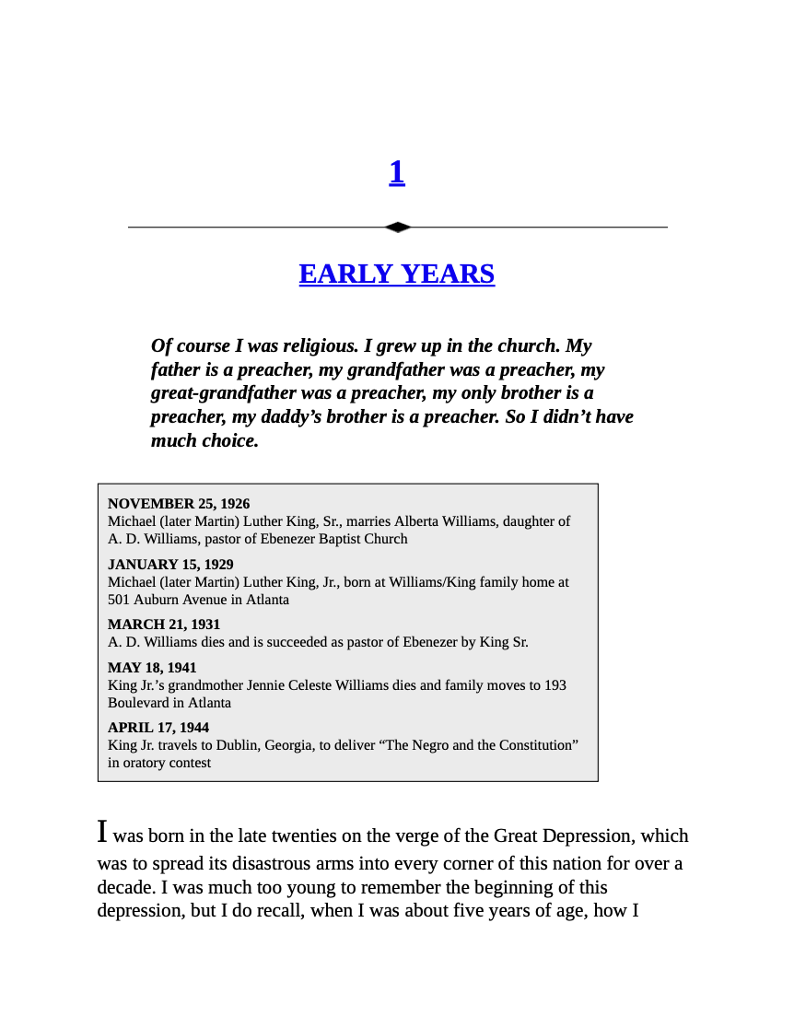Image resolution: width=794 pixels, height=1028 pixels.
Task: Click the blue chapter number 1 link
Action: (x=397, y=172)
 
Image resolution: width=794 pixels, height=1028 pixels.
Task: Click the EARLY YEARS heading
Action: (x=397, y=275)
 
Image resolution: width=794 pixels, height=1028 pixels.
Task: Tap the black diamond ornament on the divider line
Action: (x=397, y=227)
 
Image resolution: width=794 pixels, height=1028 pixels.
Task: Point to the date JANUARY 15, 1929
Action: (x=170, y=565)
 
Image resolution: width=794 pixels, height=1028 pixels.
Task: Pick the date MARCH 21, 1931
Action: (x=164, y=625)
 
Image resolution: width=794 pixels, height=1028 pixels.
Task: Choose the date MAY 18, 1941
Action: (x=152, y=668)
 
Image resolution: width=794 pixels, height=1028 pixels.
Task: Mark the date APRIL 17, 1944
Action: (x=158, y=728)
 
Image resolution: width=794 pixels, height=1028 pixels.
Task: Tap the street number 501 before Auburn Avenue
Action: (x=120, y=600)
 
